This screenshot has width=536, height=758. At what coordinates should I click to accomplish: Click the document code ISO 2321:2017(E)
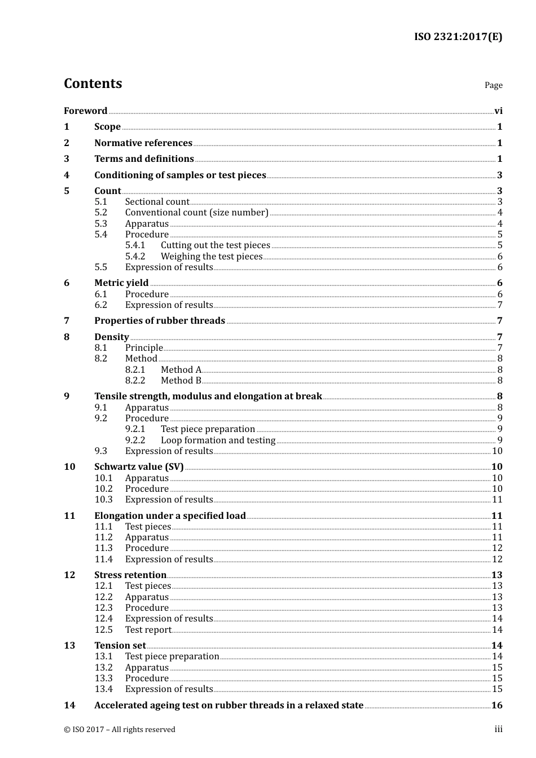tap(458, 37)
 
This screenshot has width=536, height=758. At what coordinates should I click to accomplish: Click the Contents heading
tap(93, 83)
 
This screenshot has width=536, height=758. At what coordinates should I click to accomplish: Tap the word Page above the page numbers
tap(493, 85)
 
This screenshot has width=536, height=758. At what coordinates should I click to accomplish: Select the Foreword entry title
tap(85, 111)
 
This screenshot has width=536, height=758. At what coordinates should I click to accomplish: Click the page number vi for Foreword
tap(498, 111)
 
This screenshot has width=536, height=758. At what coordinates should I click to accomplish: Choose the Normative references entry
tap(143, 143)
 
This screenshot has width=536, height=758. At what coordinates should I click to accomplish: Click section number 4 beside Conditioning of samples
tap(67, 175)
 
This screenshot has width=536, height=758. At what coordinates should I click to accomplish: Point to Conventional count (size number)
tap(196, 213)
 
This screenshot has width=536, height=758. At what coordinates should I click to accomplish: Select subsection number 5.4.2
tap(135, 257)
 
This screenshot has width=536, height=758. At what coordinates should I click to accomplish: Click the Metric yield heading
tap(121, 283)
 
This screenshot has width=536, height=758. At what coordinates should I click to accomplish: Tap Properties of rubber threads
tap(160, 321)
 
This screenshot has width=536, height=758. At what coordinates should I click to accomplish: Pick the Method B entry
tap(181, 381)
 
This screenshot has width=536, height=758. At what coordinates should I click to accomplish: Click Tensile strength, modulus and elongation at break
tap(208, 396)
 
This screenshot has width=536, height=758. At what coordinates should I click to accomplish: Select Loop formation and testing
tap(218, 440)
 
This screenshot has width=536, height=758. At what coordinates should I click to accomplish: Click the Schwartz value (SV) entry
tap(139, 467)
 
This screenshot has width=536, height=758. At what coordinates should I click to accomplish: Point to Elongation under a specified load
tap(170, 516)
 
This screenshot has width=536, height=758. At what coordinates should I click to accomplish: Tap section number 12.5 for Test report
tap(103, 630)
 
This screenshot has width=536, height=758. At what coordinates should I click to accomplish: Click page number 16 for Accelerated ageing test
tap(497, 706)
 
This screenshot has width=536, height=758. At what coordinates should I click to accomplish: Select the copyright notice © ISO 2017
tap(120, 730)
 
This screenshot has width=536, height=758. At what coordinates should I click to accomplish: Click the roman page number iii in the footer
tap(498, 729)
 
